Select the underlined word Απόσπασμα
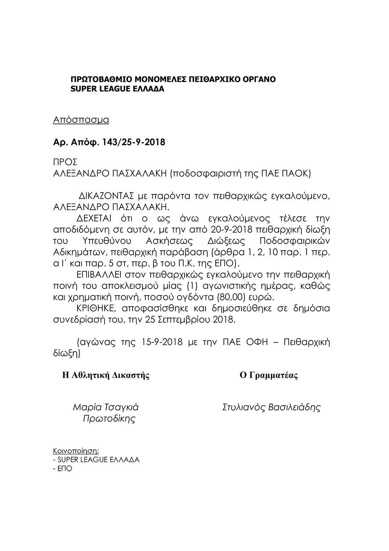(81, 120)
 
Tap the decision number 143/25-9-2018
(133, 143)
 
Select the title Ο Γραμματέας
(269, 375)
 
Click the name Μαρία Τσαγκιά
(105, 407)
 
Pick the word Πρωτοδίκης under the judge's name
(109, 419)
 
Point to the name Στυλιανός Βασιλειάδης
(271, 407)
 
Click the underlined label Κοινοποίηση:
(76, 451)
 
